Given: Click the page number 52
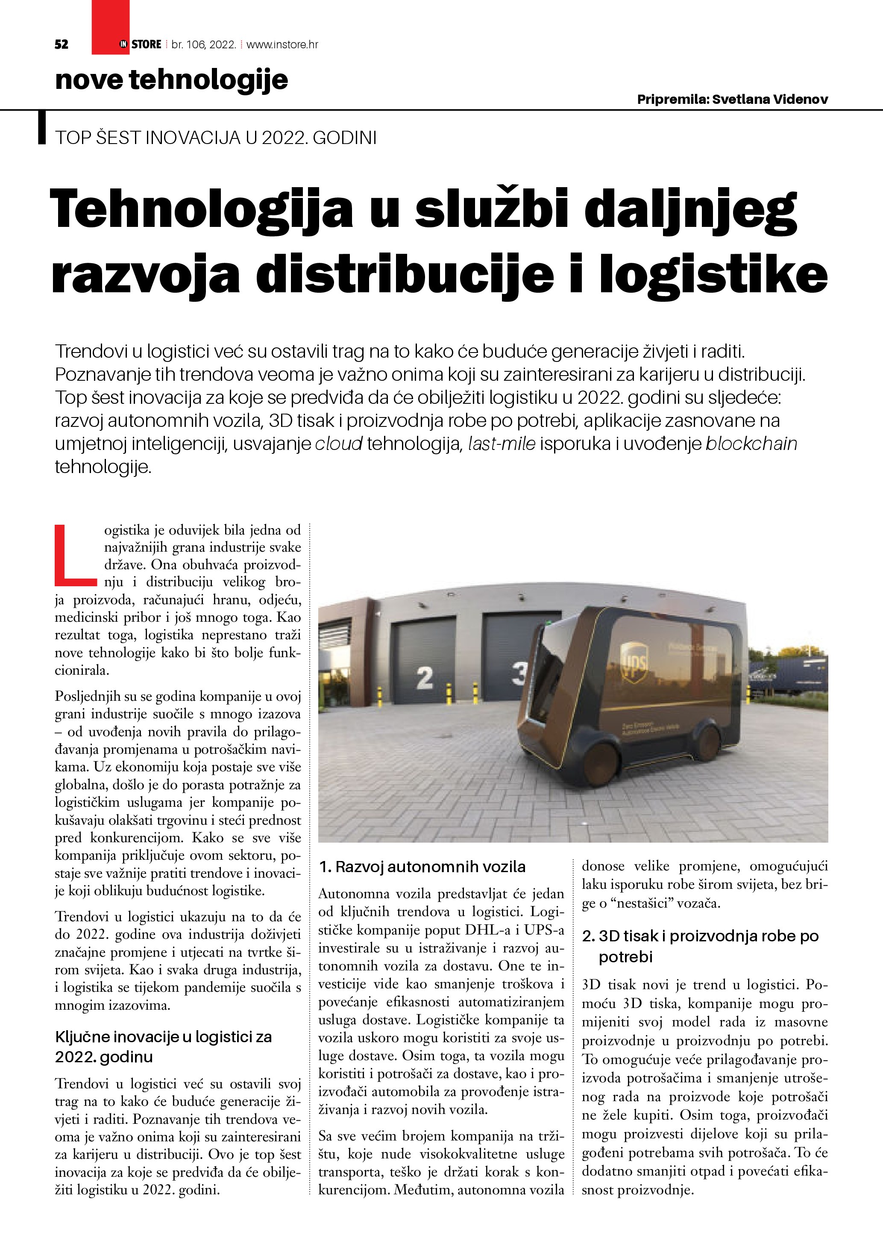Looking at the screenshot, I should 62,44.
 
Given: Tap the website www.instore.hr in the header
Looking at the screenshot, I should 282,44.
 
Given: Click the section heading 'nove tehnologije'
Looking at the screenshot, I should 171,80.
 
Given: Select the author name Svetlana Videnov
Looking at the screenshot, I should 770,99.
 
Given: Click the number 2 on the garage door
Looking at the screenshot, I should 425,679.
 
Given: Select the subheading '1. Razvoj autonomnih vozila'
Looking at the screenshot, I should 422,867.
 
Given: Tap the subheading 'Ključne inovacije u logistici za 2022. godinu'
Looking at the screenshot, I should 163,1046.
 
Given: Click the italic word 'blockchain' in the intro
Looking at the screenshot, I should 751,444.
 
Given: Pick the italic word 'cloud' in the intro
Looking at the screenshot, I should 339,444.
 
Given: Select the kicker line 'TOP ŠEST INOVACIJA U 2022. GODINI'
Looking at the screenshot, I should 216,138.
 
